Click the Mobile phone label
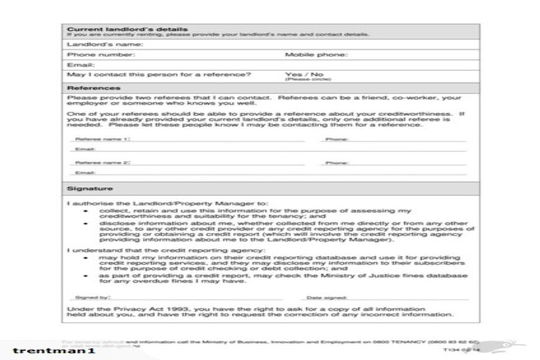click(316, 54)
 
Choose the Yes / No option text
click(304, 74)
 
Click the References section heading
click(90, 88)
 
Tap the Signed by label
click(91, 298)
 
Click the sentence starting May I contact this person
click(159, 74)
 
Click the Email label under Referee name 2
click(85, 172)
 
